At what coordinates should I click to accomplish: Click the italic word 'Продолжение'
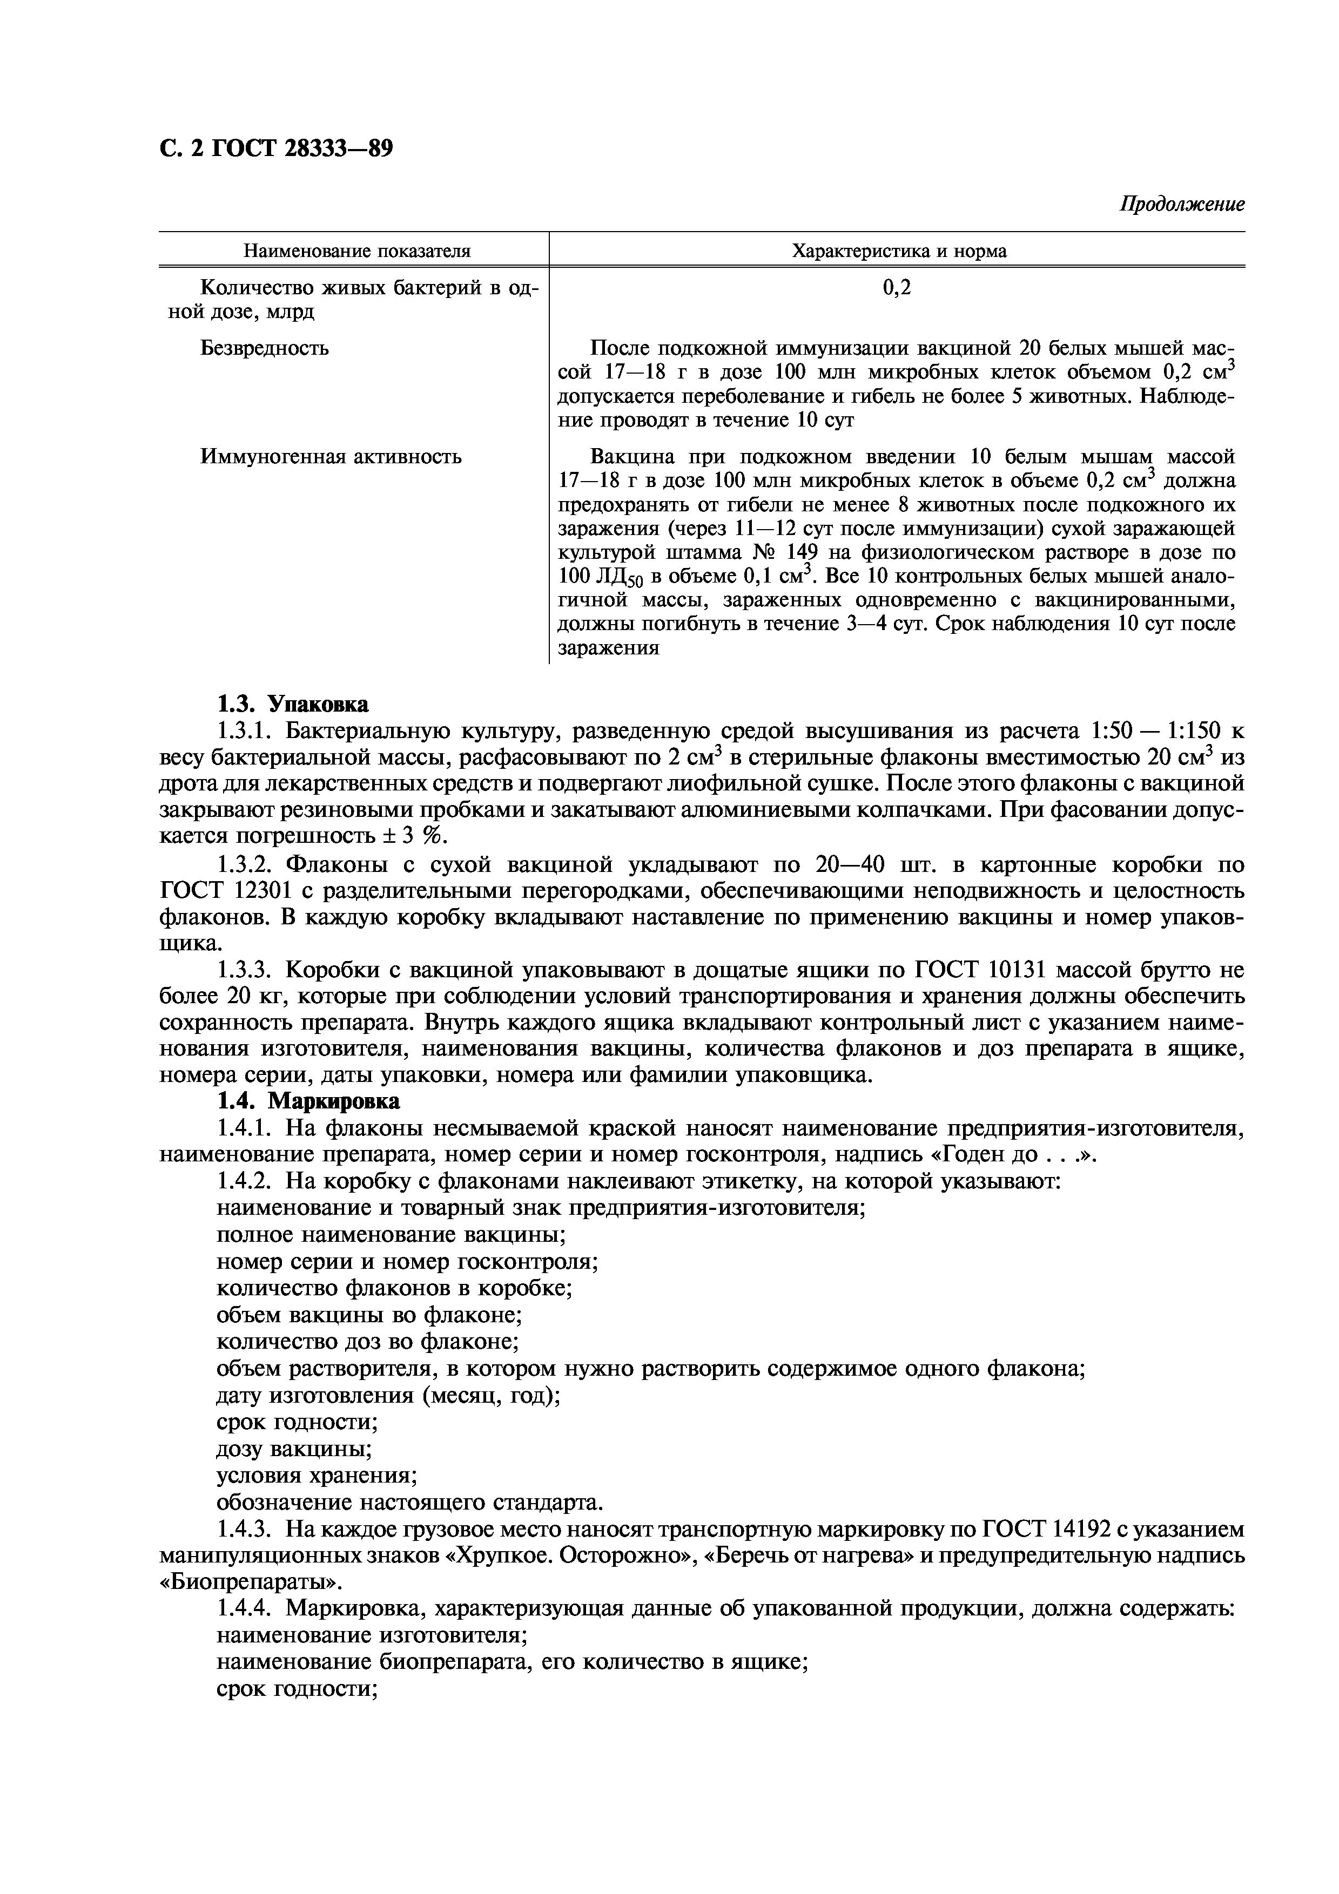coord(1181,204)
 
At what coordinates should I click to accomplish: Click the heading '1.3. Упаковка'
coord(292,705)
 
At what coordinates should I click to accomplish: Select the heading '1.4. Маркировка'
coord(308,1101)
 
